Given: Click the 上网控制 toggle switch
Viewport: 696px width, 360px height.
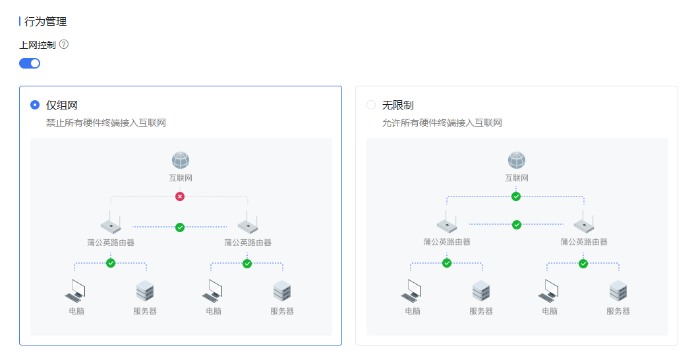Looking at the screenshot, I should [30, 63].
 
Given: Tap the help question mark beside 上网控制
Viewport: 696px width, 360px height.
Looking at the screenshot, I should [64, 45].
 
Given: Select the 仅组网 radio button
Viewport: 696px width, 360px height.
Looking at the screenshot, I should [35, 105].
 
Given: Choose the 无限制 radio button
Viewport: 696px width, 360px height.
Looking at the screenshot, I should [371, 105].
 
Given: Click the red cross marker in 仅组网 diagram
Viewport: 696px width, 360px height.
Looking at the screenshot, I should [180, 196].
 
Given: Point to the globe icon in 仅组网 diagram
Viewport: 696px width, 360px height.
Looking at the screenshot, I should [181, 160].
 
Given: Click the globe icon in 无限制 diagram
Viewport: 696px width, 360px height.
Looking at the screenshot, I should [517, 160].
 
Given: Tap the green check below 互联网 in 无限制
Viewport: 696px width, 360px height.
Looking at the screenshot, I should [516, 196].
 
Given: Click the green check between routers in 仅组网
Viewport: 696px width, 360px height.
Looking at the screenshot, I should [180, 227].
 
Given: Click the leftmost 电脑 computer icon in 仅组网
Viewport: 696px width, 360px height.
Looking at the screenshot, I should [76, 291].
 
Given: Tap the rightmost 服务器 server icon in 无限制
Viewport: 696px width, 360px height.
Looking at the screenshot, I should [618, 291].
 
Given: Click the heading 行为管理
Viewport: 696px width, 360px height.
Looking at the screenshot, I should [45, 22].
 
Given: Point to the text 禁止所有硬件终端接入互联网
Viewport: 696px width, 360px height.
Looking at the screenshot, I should [105, 123].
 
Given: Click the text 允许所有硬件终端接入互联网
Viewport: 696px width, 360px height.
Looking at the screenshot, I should [442, 123].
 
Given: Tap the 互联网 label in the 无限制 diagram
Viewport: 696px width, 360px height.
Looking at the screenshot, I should [517, 178].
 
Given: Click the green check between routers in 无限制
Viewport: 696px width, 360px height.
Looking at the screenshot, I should [517, 225].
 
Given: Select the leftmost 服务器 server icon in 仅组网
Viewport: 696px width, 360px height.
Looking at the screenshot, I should [145, 291].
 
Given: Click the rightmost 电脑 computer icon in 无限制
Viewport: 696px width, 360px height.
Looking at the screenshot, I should [549, 291].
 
